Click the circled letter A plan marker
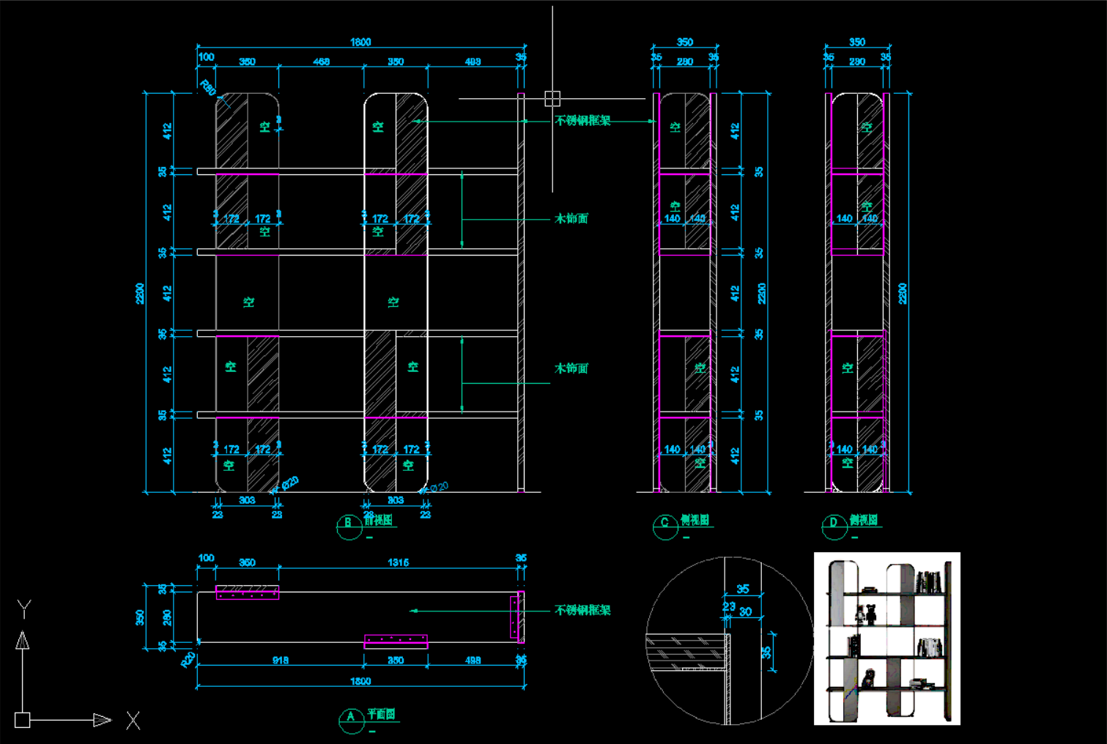(351, 717)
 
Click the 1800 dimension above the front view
(360, 42)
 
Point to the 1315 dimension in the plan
(398, 562)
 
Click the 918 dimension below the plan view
(281, 661)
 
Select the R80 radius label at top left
(208, 88)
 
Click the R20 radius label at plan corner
(188, 659)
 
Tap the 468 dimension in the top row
(322, 62)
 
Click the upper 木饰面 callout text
(571, 219)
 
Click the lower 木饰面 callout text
(571, 368)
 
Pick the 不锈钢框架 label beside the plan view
(582, 610)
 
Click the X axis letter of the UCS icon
(133, 721)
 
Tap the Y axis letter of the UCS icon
(24, 608)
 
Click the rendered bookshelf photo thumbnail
(886, 639)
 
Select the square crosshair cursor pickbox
(552, 98)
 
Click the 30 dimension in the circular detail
(745, 612)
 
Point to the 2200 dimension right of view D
(903, 293)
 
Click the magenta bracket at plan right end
(517, 617)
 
